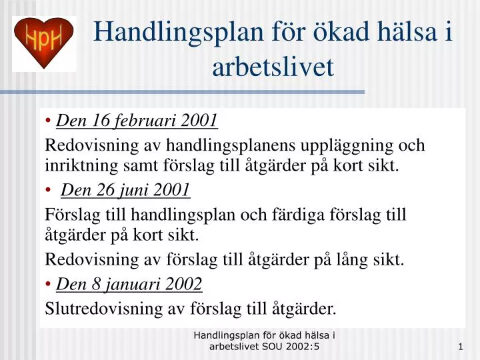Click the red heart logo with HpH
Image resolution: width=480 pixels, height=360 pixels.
(x=44, y=43)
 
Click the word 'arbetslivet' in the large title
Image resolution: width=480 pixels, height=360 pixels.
(x=273, y=67)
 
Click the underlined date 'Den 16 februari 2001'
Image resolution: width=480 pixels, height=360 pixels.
(x=137, y=121)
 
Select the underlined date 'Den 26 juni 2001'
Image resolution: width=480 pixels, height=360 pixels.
(x=125, y=191)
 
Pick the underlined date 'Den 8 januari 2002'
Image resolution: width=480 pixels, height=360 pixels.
(x=129, y=285)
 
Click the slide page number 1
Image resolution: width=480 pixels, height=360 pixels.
(x=461, y=347)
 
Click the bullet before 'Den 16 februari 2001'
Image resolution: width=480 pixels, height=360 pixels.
(x=49, y=121)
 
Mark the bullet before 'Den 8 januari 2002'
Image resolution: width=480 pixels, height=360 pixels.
(x=49, y=285)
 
